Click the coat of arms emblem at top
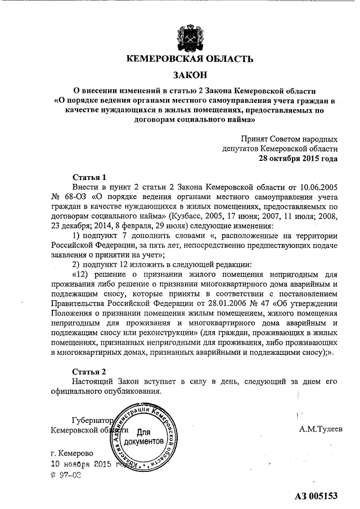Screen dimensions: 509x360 (x=190, y=34)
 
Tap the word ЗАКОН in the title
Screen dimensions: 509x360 (x=189, y=74)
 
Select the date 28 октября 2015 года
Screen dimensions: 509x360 (x=298, y=159)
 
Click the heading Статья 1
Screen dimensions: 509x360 (x=89, y=176)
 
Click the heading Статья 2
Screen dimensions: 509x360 (x=89, y=372)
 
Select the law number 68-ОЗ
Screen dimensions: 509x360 (x=73, y=196)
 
